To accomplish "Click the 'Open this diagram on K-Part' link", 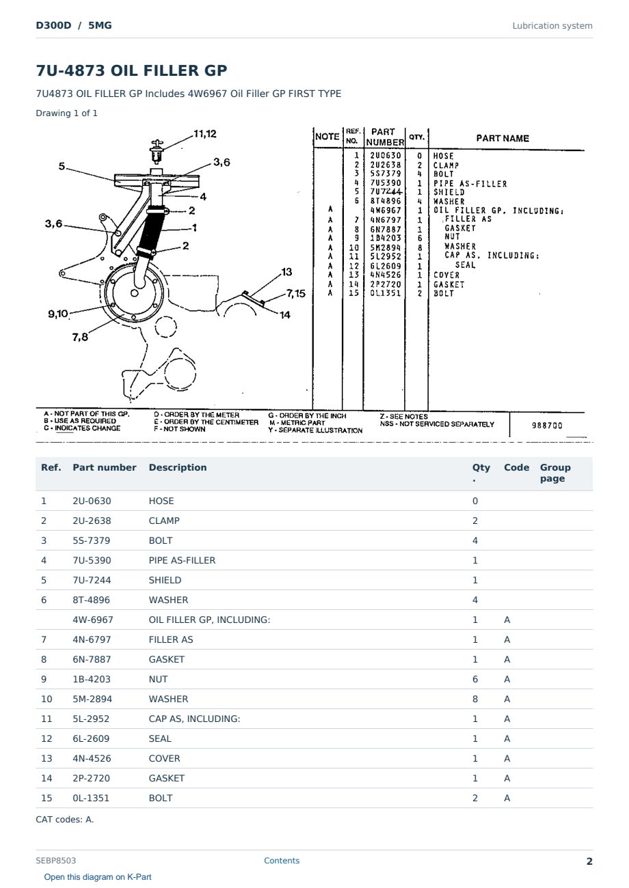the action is [98, 876].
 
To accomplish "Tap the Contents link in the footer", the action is [282, 860].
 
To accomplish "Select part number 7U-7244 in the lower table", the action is [92, 580].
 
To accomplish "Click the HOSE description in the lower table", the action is [161, 501].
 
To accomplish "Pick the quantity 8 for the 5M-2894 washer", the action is [475, 699].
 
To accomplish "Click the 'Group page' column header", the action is [555, 473].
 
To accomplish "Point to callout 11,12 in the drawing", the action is [205, 134].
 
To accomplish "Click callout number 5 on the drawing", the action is [62, 166].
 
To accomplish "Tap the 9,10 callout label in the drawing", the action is [58, 314].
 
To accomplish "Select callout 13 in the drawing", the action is [286, 272].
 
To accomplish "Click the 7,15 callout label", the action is [296, 293].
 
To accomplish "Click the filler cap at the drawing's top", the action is [157, 151].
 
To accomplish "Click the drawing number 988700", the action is [547, 426].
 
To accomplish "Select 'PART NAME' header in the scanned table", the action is [503, 139].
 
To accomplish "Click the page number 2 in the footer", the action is [589, 861].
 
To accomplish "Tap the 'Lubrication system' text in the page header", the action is [552, 26].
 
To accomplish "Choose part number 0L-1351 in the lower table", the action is [91, 798].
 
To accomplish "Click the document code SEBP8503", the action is [55, 860].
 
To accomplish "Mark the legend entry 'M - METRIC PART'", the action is [297, 423].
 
